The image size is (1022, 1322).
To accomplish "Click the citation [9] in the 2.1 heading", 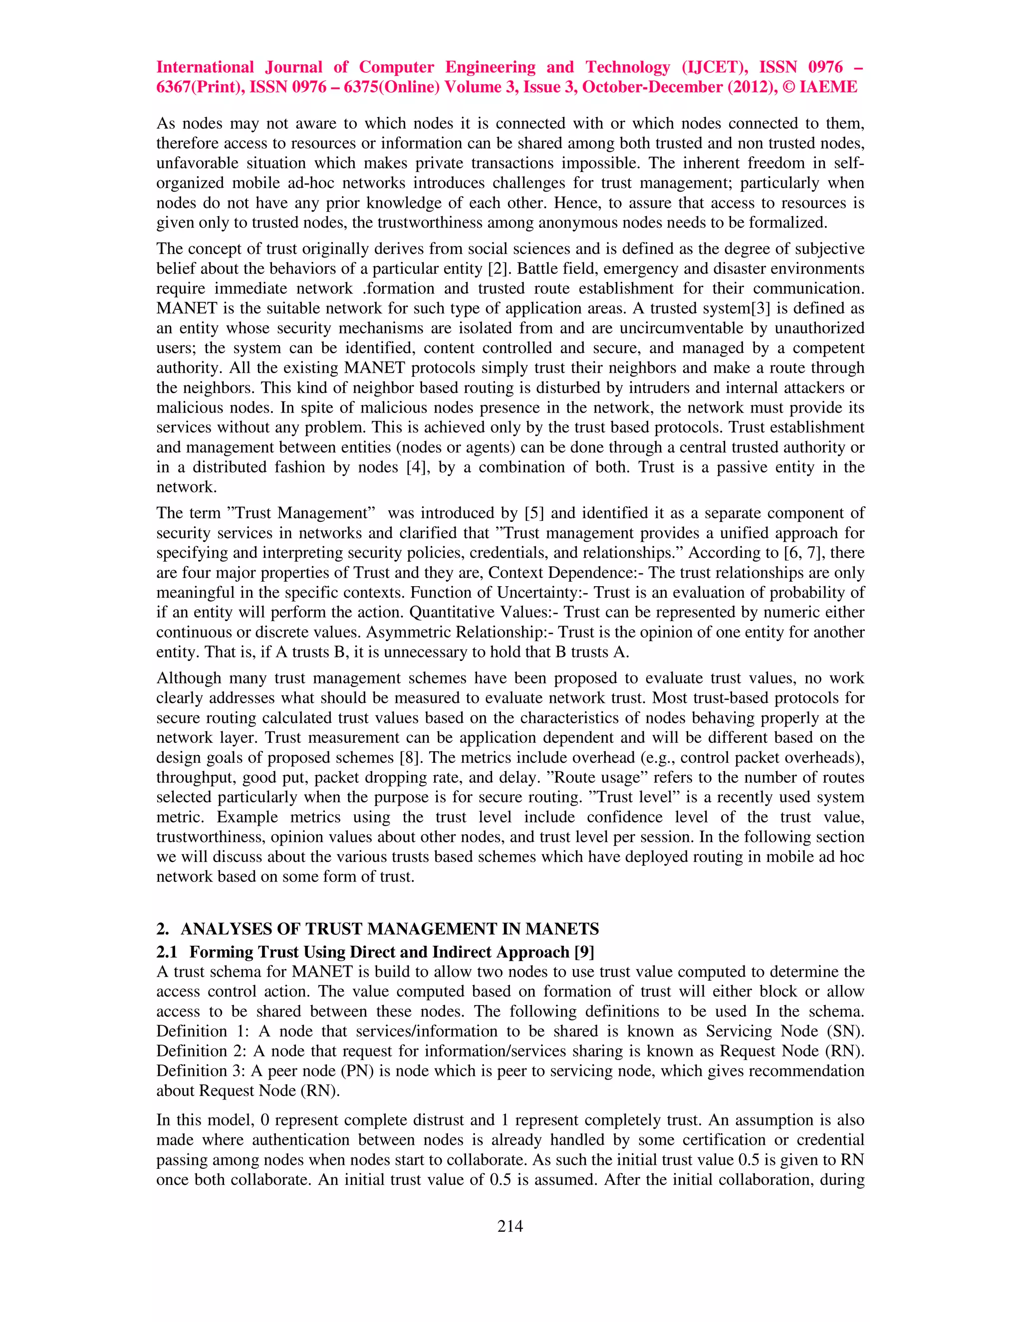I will [584, 952].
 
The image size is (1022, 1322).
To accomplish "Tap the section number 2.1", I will [167, 952].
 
